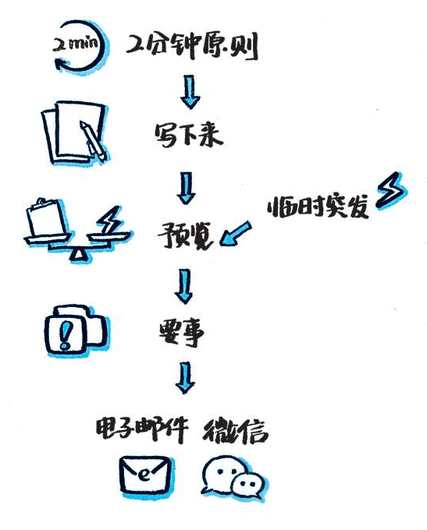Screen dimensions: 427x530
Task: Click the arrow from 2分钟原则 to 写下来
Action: tap(190, 92)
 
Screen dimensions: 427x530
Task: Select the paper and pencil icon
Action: tap(74, 132)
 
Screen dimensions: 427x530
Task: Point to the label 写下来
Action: tap(188, 135)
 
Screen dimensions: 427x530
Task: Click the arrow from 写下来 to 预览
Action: tap(186, 188)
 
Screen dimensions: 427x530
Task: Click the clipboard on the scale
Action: tap(47, 218)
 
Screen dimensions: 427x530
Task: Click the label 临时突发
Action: tap(318, 207)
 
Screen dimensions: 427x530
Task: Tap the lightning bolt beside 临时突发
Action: tap(390, 189)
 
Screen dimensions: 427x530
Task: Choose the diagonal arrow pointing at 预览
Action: tap(236, 233)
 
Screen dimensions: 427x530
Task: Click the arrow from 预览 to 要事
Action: tap(184, 286)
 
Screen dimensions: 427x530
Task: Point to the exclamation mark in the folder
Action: tap(65, 334)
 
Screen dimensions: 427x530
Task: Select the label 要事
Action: tap(182, 332)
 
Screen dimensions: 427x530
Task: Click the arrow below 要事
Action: tap(185, 378)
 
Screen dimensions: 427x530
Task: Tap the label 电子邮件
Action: tap(142, 430)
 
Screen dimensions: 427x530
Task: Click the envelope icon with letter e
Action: tap(146, 475)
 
